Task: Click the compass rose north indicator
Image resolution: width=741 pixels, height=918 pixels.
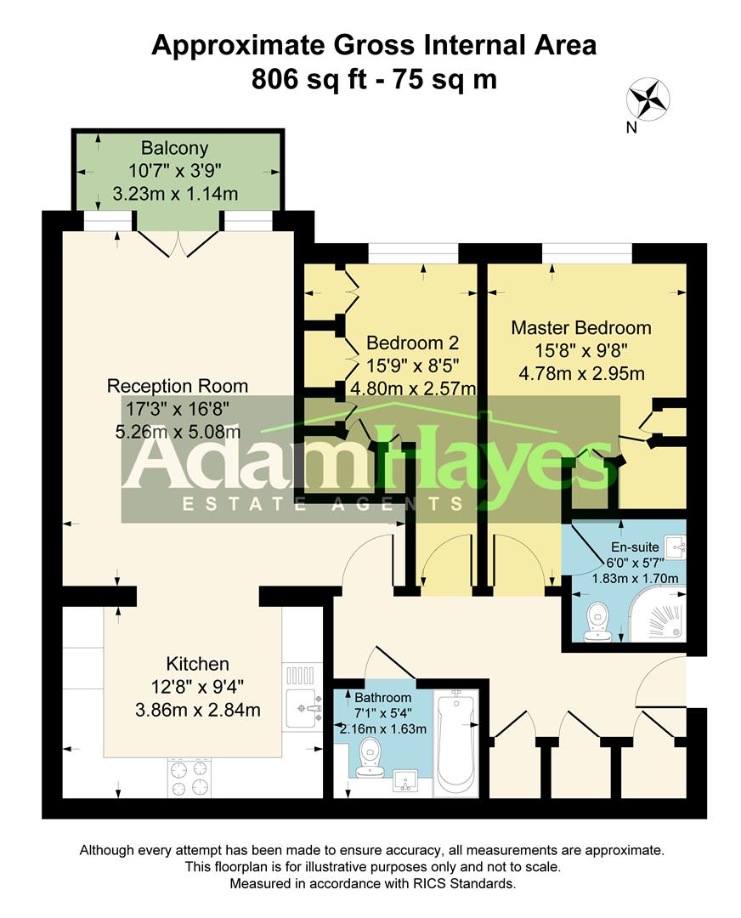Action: coord(648,99)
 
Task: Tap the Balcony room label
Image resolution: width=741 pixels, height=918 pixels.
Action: coord(175,148)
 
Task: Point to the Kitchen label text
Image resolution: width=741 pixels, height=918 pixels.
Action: coord(197,664)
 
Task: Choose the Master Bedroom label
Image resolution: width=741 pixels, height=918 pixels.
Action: coord(581,327)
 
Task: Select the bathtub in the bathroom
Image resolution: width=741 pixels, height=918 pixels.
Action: coord(456,741)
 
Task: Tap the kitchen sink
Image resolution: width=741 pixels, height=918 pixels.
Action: coord(303,707)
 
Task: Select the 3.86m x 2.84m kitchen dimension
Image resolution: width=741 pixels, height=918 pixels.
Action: coord(197,709)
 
